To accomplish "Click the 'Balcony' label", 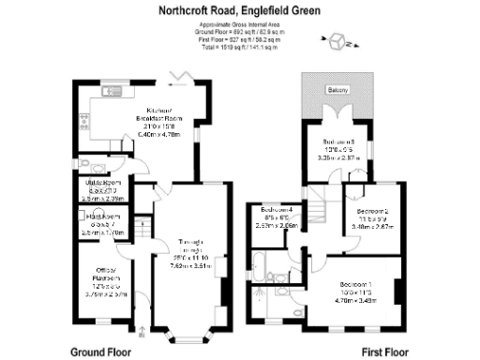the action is (x=337, y=89).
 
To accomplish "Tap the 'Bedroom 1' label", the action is (x=355, y=284).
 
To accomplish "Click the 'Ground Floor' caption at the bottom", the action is (x=100, y=352).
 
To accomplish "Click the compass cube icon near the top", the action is (x=337, y=42).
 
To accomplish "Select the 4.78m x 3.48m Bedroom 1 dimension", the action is (x=355, y=301).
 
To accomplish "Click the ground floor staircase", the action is (x=143, y=228).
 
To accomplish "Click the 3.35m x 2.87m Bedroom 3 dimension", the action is (x=337, y=158).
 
